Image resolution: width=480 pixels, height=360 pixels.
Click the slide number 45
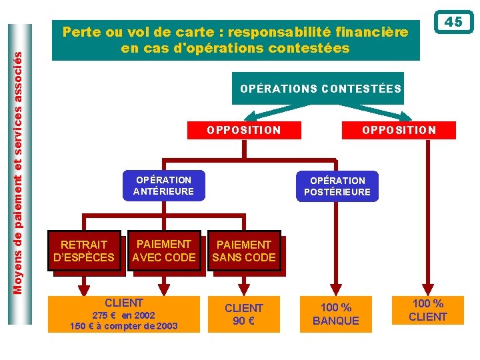click(453, 22)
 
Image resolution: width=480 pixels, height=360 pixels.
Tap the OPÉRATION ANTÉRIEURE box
click(163, 185)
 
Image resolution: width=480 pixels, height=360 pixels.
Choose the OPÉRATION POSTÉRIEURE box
click(337, 186)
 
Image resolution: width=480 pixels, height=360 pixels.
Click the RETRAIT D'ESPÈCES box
click(84, 251)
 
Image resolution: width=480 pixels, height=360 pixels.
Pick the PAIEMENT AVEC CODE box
click(164, 251)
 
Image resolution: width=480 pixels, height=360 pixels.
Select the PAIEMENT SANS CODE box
click(244, 251)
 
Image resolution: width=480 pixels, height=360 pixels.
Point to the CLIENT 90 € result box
click(244, 314)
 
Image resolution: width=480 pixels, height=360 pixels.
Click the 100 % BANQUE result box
click(336, 314)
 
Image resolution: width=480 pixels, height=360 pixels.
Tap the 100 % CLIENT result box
click(427, 311)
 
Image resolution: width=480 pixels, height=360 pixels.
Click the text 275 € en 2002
click(123, 315)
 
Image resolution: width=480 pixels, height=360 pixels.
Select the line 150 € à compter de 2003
click(124, 326)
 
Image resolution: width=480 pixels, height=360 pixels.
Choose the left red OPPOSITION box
click(244, 130)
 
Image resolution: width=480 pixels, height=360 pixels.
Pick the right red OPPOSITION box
click(399, 130)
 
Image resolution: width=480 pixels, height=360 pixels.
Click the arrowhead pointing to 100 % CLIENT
click(428, 287)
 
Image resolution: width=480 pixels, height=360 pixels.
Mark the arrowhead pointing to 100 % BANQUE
click(336, 287)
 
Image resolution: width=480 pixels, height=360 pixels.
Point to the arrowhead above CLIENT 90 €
click(244, 287)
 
